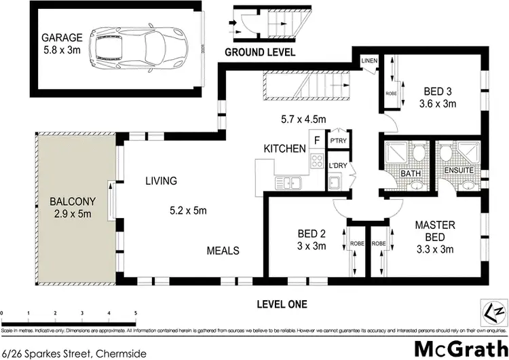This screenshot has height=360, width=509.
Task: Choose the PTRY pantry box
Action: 337,141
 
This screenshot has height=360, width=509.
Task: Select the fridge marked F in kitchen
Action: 316,141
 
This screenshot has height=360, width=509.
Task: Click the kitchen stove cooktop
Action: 316,161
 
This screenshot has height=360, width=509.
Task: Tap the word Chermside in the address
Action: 116,353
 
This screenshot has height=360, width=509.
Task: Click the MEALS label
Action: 223,251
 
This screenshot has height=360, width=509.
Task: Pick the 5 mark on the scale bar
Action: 136,313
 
